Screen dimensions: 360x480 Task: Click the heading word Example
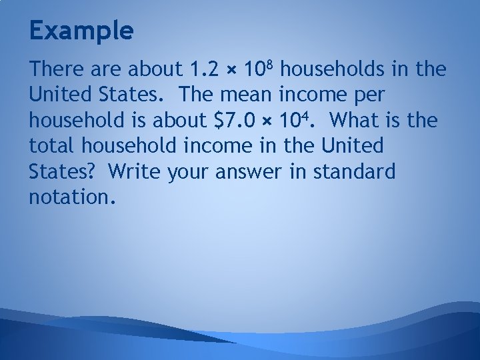coord(81,30)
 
